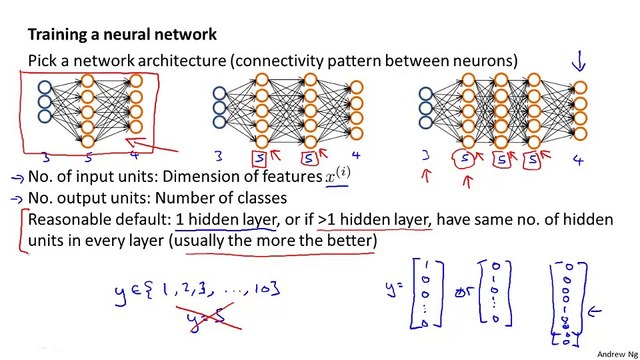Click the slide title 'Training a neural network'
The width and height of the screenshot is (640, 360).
(123, 33)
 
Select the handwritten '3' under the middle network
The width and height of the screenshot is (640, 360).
(219, 156)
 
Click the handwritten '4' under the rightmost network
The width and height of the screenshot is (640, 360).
(578, 160)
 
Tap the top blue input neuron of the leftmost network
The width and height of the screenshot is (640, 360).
(45, 88)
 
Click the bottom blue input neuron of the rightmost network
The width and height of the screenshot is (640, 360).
(427, 125)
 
